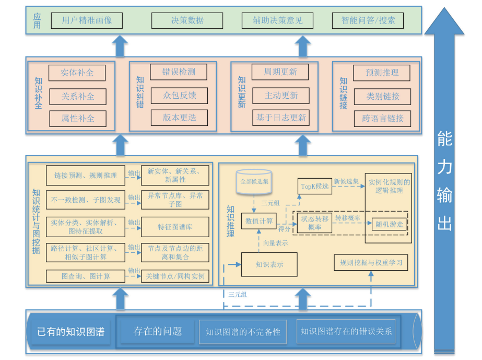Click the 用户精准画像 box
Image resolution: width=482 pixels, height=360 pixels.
pos(87,21)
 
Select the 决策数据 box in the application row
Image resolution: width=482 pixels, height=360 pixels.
pos(187,21)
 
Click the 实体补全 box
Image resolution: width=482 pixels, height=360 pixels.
pos(77,73)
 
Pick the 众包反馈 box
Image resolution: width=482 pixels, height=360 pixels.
pos(179,96)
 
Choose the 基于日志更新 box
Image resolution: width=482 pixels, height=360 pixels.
pos(280,118)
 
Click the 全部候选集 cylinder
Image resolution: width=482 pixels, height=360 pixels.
pos(253,181)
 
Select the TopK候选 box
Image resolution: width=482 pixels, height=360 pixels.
pos(315,186)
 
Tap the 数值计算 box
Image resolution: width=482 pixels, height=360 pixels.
pos(258,221)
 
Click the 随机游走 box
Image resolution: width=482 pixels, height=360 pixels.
pos(389,224)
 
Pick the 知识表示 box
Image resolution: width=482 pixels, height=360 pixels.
pos(269,264)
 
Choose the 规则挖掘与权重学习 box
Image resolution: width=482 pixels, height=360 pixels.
pos(371,262)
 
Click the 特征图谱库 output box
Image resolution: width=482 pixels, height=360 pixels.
pos(175,227)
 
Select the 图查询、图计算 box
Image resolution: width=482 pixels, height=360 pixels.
pos(86,276)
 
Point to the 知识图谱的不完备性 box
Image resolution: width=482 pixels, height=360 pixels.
pos(243,332)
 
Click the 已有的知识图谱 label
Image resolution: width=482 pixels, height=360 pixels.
pos(70,332)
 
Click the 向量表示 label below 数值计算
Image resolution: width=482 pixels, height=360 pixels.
pos(275,242)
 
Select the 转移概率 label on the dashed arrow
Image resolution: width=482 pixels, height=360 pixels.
pos(348,217)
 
